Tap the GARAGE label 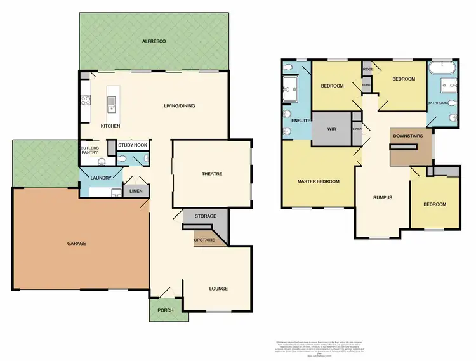[x=76, y=243]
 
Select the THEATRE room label [x=211, y=174]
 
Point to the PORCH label [x=166, y=310]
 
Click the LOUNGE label [x=218, y=289]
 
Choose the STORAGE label [x=205, y=217]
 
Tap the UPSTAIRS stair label [x=205, y=240]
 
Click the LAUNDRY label [x=101, y=178]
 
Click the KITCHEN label [x=110, y=126]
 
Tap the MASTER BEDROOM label [x=319, y=181]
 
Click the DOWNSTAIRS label [x=404, y=136]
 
